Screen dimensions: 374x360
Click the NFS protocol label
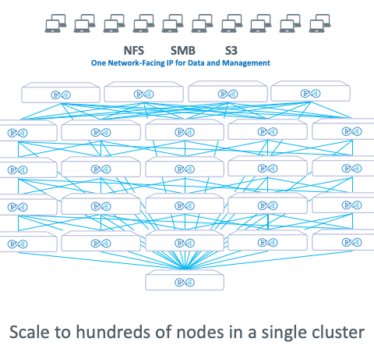coord(134,51)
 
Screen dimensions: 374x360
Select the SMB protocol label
coord(183,51)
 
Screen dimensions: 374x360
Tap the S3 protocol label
coord(231,51)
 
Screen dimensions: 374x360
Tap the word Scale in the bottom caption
coord(30,332)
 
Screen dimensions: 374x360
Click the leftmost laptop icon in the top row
coord(55,23)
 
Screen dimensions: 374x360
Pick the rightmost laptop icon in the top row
coord(320,23)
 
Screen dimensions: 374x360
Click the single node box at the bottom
coord(185,280)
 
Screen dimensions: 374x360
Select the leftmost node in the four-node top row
coord(61,93)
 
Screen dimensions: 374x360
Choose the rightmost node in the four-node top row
coord(310,91)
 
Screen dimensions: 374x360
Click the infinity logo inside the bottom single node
coord(185,282)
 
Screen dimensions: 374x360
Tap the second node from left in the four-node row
coord(143,92)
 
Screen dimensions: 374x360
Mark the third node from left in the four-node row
coord(228,91)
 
